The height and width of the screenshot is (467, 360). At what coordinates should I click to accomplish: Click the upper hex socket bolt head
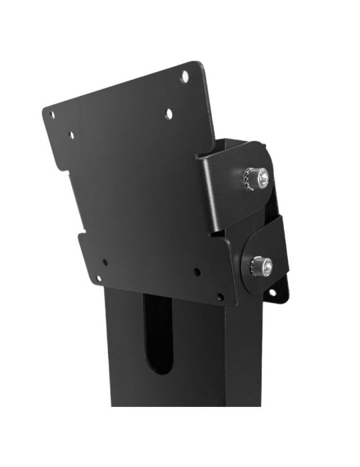click(x=263, y=177)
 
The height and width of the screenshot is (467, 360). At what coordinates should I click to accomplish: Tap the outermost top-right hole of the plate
click(x=184, y=77)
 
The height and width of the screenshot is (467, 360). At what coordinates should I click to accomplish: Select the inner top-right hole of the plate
click(x=169, y=114)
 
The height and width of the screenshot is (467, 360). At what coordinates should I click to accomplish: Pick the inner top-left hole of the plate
click(x=71, y=135)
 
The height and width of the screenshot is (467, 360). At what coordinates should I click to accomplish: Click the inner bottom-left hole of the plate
click(x=105, y=262)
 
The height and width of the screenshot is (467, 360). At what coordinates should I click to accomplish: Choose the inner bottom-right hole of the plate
click(x=197, y=272)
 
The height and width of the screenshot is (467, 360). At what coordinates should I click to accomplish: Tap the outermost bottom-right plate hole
click(x=220, y=296)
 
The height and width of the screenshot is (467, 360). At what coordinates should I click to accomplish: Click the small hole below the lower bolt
click(x=271, y=293)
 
